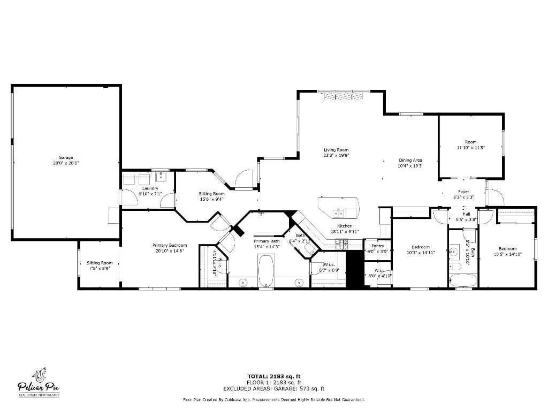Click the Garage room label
point(66,157)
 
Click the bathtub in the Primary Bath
point(266,271)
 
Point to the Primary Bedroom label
point(171,245)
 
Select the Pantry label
point(378,246)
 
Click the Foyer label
point(463,191)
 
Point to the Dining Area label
point(410,160)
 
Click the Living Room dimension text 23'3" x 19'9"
point(336,156)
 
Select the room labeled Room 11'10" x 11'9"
point(470,144)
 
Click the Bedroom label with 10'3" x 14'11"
point(420,247)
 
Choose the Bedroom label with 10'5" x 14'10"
point(507,249)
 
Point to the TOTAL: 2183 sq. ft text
point(274,376)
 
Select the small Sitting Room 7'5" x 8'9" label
point(100,263)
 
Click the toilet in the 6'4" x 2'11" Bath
point(309,249)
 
